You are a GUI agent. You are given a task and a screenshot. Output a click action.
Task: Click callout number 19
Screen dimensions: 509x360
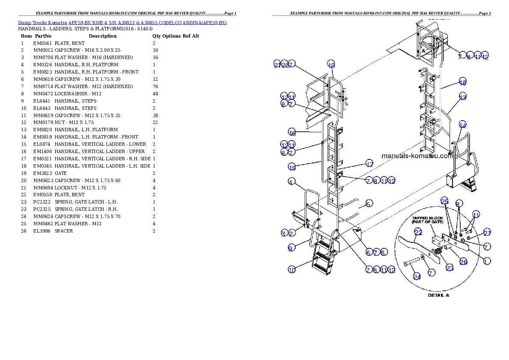331,65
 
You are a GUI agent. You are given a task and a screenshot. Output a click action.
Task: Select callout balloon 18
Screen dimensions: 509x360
462,83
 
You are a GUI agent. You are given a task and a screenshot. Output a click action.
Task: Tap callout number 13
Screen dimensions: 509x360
462,97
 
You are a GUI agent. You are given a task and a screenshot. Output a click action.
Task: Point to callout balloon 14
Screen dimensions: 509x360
462,125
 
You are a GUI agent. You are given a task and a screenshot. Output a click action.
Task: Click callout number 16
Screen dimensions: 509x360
292,133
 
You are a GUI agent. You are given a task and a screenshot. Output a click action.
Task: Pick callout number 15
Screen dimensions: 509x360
292,168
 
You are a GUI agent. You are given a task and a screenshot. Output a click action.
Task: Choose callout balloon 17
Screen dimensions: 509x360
369,164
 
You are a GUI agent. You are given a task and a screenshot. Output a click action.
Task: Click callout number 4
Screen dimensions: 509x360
291,182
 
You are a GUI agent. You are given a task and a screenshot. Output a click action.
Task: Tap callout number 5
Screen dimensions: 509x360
369,204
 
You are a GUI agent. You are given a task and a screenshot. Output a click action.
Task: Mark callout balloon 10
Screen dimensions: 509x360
291,270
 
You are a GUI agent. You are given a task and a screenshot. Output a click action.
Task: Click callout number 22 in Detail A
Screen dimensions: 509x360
418,232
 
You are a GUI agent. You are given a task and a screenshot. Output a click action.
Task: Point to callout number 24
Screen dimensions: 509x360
417,277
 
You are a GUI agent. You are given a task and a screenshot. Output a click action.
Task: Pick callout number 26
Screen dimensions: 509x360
463,262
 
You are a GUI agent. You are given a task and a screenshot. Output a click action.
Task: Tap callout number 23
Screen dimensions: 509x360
450,269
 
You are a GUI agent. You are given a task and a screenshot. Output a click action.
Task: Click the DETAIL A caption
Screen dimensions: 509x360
438,295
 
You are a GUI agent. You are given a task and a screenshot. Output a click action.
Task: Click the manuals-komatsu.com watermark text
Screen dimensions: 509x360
417,156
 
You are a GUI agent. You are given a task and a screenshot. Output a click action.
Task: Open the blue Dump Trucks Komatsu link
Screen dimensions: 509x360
122,23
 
